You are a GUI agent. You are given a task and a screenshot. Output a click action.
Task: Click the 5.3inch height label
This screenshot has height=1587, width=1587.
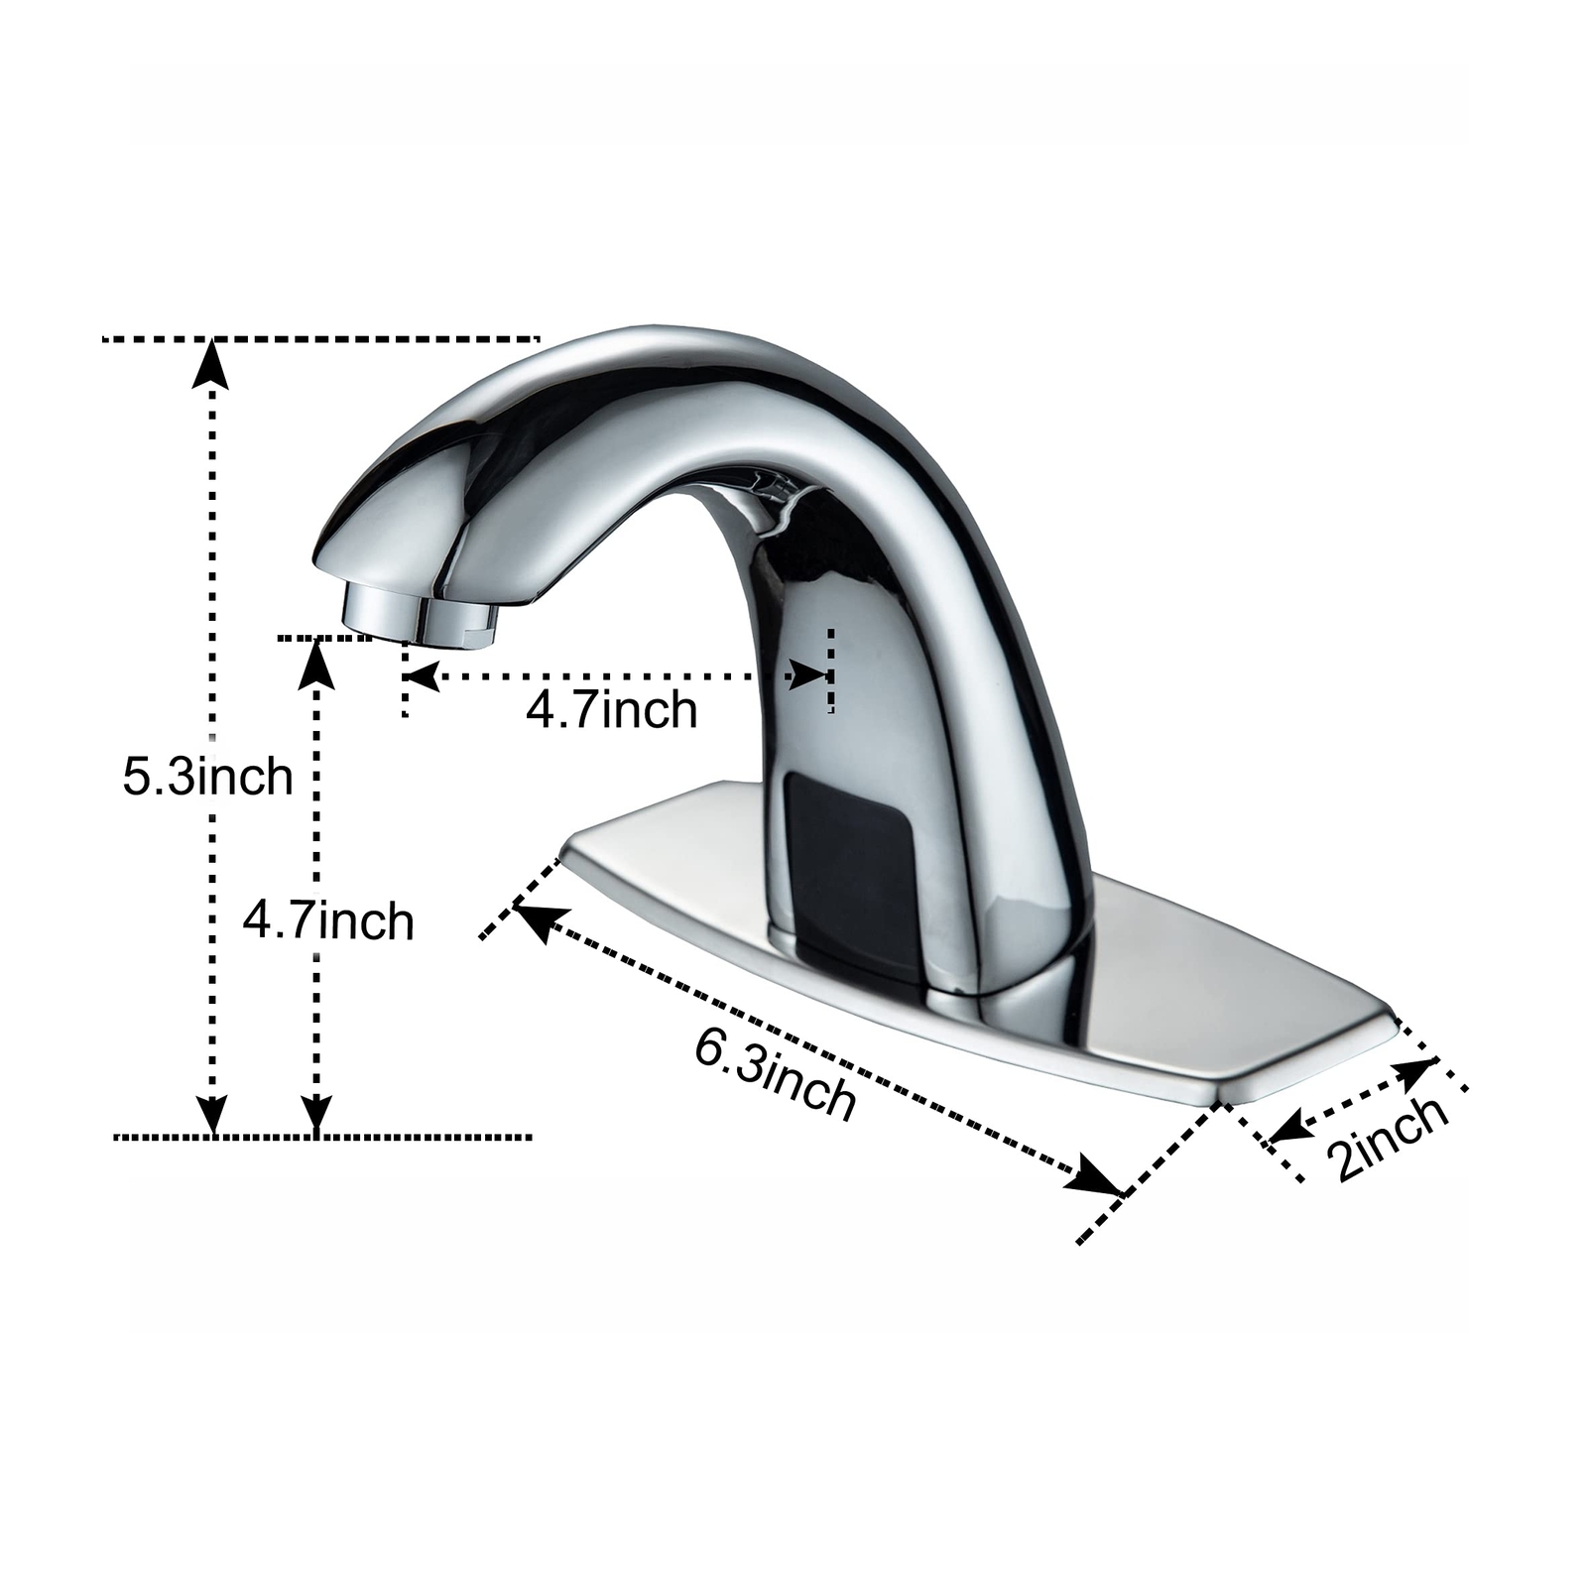click(207, 777)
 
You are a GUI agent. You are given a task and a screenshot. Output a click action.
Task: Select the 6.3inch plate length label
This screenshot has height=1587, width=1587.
click(775, 1074)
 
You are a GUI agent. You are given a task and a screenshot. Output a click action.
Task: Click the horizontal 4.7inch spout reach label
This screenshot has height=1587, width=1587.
click(611, 710)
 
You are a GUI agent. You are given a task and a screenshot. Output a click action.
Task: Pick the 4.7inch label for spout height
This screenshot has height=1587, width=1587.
click(328, 921)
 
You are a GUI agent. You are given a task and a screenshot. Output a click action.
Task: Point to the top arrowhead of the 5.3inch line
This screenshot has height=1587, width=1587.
click(210, 362)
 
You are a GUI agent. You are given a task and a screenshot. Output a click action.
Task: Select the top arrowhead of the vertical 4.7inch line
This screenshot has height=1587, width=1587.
click(316, 663)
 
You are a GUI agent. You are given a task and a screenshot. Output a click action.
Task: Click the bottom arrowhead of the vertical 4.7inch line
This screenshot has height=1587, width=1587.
click(316, 1113)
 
